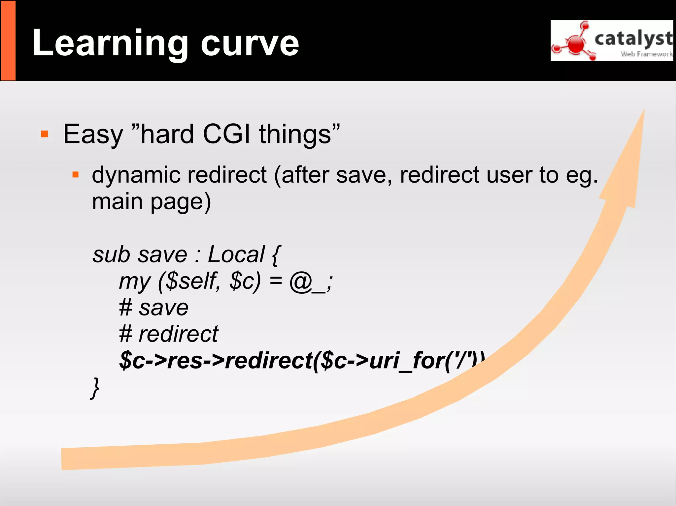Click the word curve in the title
coord(250,44)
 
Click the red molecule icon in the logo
coord(576,44)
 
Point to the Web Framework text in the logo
coord(646,54)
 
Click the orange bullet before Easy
coord(45,134)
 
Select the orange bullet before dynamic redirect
coord(76,174)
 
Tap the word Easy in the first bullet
coord(93,134)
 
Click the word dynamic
coord(136,175)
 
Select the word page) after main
coord(181,202)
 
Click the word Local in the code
coord(236,254)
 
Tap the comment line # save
coord(154,308)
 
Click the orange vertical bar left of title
coord(8,40)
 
